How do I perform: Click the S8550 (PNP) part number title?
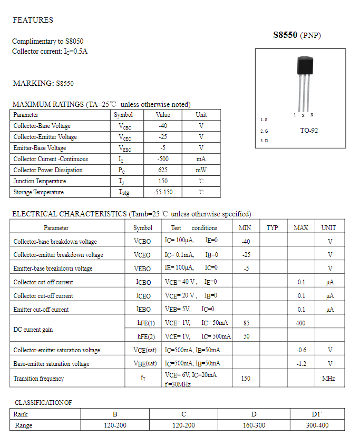tap(297, 35)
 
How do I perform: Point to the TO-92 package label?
tap(309, 130)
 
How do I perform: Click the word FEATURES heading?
tap(33, 20)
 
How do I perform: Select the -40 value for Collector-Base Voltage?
tap(163, 126)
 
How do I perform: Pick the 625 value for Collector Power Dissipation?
tap(163, 170)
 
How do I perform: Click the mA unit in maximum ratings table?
tap(201, 159)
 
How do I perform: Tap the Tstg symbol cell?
tap(123, 193)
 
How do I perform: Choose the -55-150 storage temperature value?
tap(163, 192)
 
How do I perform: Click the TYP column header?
tap(272, 228)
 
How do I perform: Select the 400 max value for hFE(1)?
tap(300, 323)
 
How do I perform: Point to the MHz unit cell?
tap(328, 379)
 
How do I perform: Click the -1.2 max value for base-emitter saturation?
tap(301, 364)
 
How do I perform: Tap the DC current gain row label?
tap(33, 330)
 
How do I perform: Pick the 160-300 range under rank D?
tap(254, 425)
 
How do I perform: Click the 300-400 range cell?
tap(317, 425)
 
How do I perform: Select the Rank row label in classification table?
tap(21, 414)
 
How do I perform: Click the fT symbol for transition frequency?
tap(143, 379)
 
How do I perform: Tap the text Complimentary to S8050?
tap(47, 41)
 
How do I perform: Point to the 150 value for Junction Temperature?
tap(163, 181)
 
